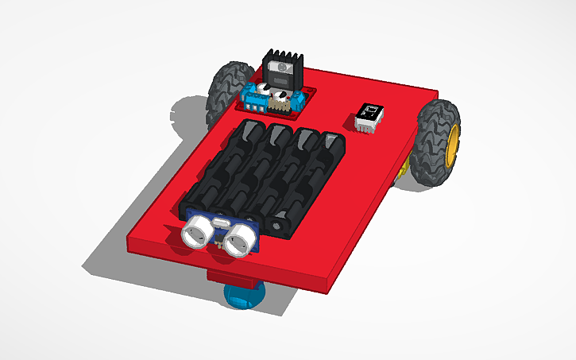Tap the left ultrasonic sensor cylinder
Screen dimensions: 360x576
click(x=195, y=233)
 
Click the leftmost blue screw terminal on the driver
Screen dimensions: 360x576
click(x=253, y=100)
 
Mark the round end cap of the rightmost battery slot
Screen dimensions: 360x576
click(x=279, y=227)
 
